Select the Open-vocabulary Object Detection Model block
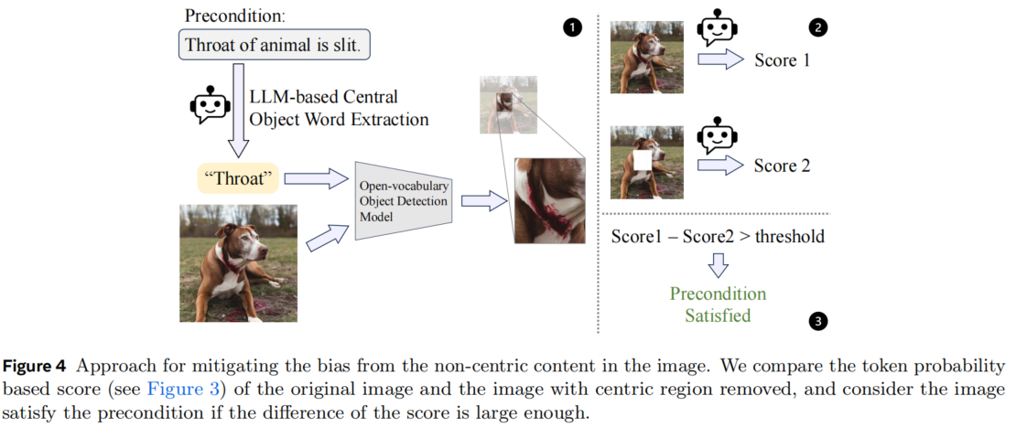point(403,202)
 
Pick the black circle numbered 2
point(818,27)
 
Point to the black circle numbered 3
point(818,321)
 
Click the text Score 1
point(782,60)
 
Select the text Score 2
point(782,166)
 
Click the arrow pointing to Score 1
point(720,61)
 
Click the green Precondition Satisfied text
point(718,305)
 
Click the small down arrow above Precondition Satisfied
point(718,265)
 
